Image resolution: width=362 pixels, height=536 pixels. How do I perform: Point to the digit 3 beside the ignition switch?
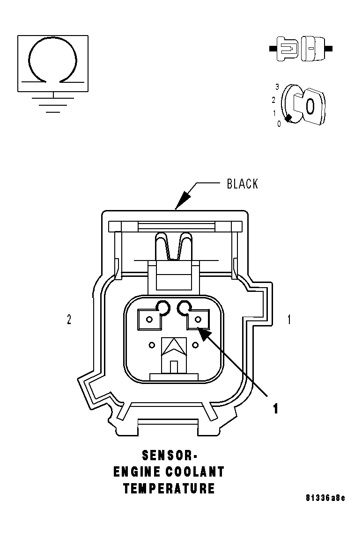(x=277, y=87)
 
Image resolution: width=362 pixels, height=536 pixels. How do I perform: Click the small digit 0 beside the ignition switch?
(x=279, y=124)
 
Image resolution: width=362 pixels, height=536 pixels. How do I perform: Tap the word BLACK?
(x=242, y=184)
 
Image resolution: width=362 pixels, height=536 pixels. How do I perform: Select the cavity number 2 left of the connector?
(x=69, y=320)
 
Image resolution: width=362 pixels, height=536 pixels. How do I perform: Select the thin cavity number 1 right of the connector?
(x=289, y=320)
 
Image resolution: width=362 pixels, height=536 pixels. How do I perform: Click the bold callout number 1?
(x=276, y=408)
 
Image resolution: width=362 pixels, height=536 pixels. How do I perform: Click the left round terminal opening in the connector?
(x=163, y=307)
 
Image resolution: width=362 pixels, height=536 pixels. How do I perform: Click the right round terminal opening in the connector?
(x=184, y=307)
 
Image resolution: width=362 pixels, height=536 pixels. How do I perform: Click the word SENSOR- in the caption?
(x=170, y=455)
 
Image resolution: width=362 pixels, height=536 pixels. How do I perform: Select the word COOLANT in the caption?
(x=196, y=472)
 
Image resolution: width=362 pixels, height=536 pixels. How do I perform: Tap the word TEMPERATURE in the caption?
(x=169, y=489)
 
